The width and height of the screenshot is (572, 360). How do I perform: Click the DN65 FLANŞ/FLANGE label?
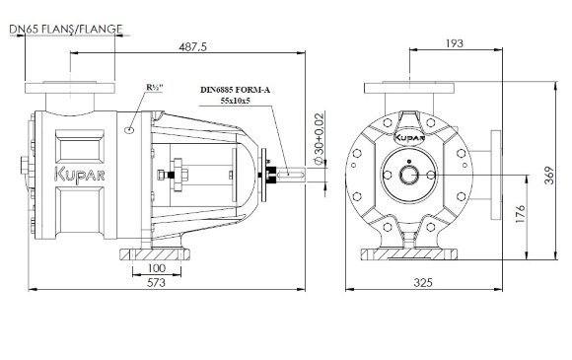coord(64,29)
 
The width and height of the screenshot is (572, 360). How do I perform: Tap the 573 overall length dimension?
coord(155,282)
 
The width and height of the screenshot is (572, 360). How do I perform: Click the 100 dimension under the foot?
coord(155,268)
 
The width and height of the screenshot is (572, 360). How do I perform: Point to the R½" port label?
coord(155,89)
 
